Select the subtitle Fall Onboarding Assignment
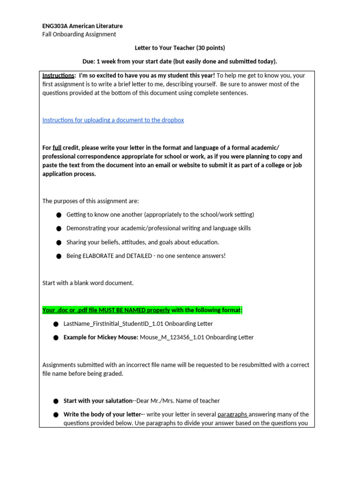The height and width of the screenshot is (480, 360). pos(79,34)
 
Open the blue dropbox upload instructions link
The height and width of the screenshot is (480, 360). pos(113,120)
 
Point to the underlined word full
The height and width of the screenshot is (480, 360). pos(57,147)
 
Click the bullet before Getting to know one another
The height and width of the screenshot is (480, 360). pos(59,215)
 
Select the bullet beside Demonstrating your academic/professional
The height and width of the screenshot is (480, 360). pos(59,229)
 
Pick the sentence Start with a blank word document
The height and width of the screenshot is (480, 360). pos(88,283)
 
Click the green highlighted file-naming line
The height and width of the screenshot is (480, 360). pos(142,310)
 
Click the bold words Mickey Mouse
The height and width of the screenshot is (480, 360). pos(119,337)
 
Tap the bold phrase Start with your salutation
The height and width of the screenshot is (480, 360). pos(98,401)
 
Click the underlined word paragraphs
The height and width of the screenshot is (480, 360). pos(232,414)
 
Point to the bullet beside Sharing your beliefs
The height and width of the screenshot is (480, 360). pos(59,243)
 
